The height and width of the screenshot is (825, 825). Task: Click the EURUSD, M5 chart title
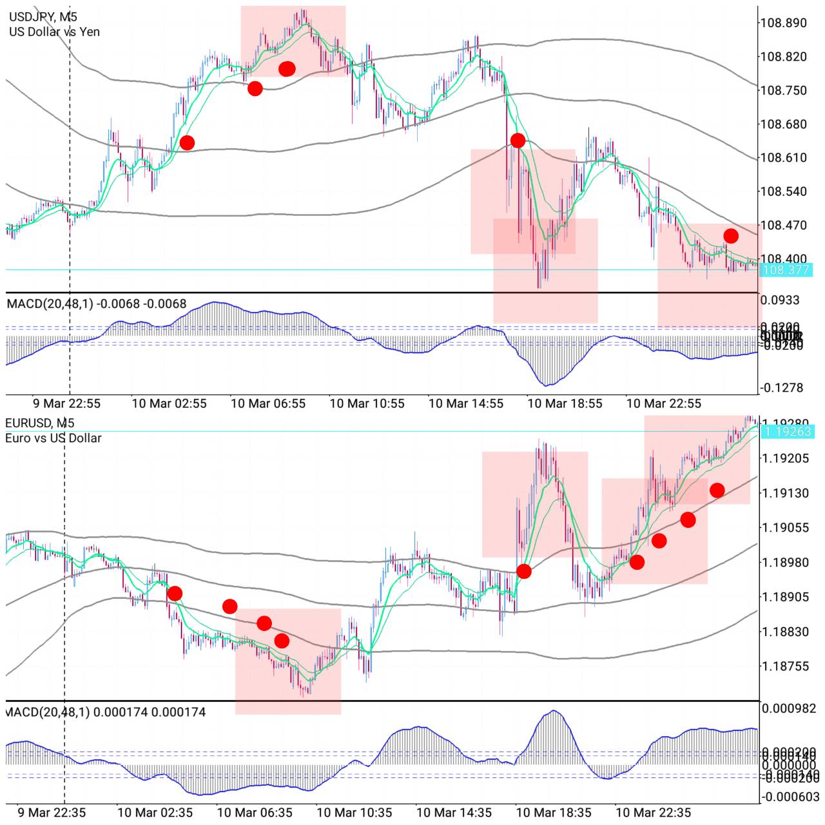(x=40, y=423)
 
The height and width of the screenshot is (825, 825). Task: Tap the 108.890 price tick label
(x=783, y=23)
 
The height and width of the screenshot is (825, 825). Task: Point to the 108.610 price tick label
(x=783, y=158)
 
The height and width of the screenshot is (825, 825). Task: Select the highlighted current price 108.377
(x=786, y=270)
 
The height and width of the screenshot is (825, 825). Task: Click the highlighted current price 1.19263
(x=788, y=431)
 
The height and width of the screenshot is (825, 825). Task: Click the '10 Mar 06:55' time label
(x=268, y=404)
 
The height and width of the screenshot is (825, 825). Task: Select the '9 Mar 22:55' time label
(x=67, y=404)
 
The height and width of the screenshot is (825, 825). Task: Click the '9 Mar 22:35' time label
(x=52, y=813)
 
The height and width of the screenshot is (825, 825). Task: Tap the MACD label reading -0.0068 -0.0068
(x=97, y=304)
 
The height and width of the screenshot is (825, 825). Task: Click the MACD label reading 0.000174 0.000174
(x=105, y=712)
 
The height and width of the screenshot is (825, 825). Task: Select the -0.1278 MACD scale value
(x=782, y=388)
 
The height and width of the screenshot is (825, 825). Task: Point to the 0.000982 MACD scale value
(x=790, y=709)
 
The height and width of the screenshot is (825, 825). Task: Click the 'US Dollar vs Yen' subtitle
(x=54, y=32)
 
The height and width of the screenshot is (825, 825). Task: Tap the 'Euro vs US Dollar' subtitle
(x=53, y=438)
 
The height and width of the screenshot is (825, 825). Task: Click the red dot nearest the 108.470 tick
(x=730, y=236)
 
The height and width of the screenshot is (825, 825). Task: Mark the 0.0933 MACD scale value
(x=780, y=300)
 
